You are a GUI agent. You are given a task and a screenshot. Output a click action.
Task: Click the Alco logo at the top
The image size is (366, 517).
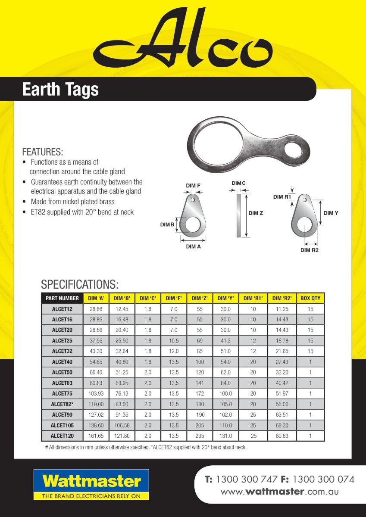point(183,41)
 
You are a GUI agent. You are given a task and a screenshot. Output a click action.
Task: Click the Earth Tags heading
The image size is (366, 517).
point(60,89)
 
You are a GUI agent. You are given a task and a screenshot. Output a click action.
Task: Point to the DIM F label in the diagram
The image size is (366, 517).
point(193,186)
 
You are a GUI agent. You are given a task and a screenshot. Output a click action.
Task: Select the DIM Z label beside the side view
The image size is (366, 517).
point(256,213)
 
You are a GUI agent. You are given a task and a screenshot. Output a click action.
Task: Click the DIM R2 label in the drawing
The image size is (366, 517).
point(309,250)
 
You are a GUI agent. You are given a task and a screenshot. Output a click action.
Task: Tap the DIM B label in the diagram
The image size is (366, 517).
point(167,224)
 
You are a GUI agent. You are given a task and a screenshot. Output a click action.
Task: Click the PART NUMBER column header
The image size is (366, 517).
point(62,298)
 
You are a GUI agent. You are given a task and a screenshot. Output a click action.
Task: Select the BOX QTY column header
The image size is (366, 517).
point(310,298)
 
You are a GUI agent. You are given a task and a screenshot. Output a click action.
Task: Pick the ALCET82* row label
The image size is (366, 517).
point(62,404)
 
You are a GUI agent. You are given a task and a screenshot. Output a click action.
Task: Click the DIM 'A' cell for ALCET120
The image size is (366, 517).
point(96,436)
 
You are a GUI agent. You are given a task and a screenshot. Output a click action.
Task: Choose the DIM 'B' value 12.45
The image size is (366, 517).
point(122,309)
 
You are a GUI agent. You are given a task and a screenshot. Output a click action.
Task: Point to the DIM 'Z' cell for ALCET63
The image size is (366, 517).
point(200,383)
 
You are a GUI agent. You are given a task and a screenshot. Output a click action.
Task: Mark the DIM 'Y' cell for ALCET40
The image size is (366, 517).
point(225,362)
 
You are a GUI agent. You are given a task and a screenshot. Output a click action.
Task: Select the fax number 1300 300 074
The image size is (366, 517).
point(323,480)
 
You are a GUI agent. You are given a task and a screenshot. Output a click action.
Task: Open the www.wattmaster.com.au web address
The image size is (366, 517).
point(280,492)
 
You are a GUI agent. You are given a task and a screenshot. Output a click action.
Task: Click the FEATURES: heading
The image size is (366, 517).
point(42,152)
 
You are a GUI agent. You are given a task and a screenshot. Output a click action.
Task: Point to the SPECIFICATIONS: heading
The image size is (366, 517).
point(80,285)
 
